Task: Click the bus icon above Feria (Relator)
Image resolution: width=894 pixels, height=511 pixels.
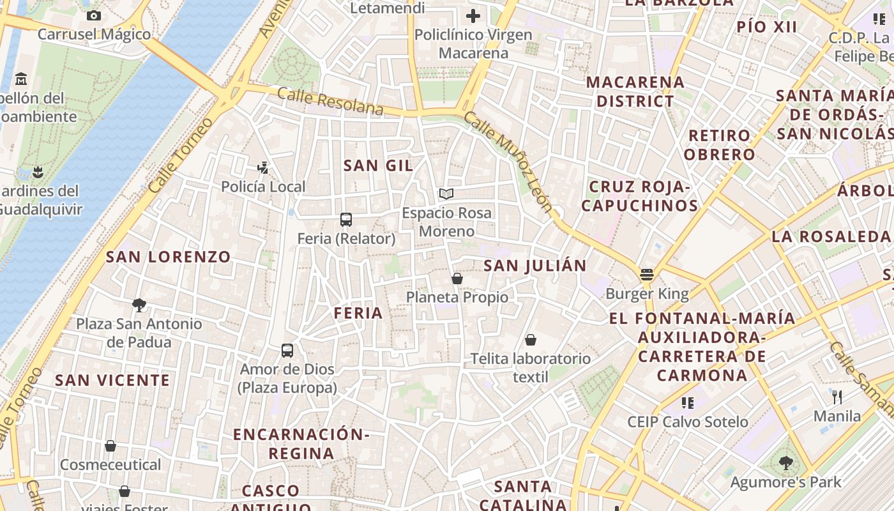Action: coord(345,220)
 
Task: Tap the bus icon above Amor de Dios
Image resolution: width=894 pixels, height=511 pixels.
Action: coord(287,351)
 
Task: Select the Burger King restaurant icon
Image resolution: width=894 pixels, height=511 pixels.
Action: coord(647,275)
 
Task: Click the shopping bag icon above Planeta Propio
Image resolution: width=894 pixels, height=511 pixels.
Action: coord(457,278)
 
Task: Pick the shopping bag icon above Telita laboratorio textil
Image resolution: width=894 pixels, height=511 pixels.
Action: coord(531,340)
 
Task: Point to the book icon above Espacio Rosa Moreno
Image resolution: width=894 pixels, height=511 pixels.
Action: coord(446,194)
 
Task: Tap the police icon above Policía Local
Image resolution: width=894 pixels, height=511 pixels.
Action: coord(262,168)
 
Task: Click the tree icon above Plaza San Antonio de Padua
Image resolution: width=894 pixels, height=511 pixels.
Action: coord(139,305)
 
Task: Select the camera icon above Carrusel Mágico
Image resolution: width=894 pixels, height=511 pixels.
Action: coord(94,15)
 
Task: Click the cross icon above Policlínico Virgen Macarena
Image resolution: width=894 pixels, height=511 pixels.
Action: coord(473,16)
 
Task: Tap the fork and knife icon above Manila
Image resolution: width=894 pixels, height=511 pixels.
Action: coord(837,397)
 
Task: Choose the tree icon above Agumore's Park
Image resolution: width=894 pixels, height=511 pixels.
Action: coord(786,463)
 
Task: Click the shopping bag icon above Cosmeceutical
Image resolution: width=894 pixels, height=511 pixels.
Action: coord(110,446)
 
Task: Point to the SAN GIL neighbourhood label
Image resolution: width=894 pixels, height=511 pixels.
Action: coord(378,165)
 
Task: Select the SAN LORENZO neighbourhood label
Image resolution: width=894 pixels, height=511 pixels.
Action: coord(168,257)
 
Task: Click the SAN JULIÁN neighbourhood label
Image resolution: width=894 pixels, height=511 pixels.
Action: coord(534,266)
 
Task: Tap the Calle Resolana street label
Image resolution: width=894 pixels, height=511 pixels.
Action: coord(330,102)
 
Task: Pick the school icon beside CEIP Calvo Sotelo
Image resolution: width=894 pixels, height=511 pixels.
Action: coord(687,402)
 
